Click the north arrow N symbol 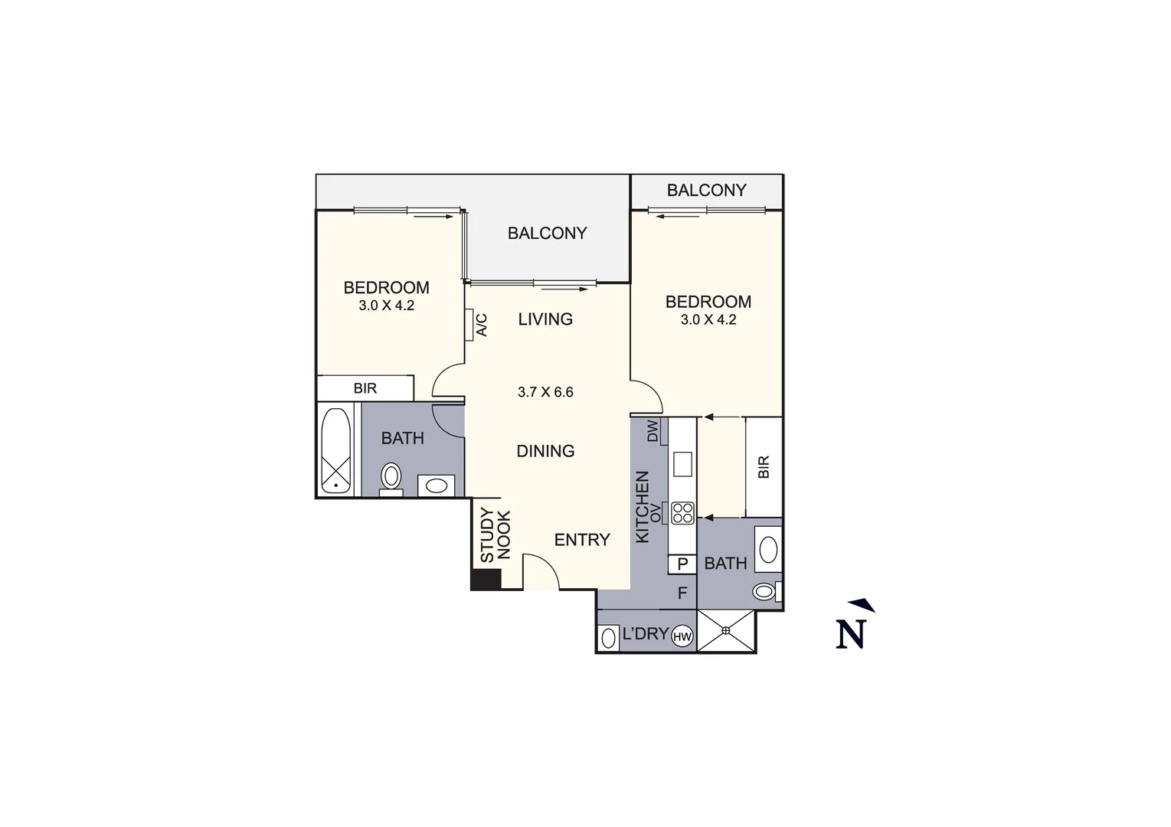pyautogui.click(x=852, y=632)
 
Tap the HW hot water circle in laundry pyautogui.click(x=682, y=636)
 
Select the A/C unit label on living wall pyautogui.click(x=481, y=325)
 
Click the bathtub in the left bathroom pyautogui.click(x=336, y=451)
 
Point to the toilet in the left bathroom pyautogui.click(x=391, y=477)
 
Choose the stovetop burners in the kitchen pyautogui.click(x=682, y=512)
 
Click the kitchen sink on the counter pyautogui.click(x=682, y=464)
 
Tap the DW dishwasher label pyautogui.click(x=653, y=430)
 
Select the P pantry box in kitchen pyautogui.click(x=682, y=564)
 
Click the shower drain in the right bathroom pyautogui.click(x=726, y=630)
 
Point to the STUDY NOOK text pyautogui.click(x=495, y=536)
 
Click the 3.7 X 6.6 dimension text pyautogui.click(x=545, y=392)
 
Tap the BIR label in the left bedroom pyautogui.click(x=365, y=388)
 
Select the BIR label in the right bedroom pyautogui.click(x=764, y=467)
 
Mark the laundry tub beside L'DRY pyautogui.click(x=610, y=637)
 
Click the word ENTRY pyautogui.click(x=582, y=540)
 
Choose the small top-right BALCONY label pyautogui.click(x=706, y=190)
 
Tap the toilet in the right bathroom pyautogui.click(x=765, y=591)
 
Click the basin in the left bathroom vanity pyautogui.click(x=437, y=485)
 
